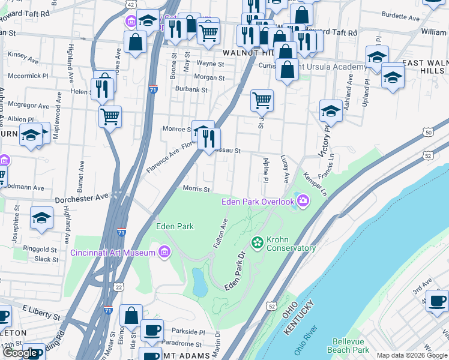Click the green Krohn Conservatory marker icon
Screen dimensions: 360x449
pyautogui.click(x=258, y=242)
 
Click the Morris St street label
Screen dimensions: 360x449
pyautogui.click(x=196, y=189)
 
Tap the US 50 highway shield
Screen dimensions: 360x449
pyautogui.click(x=427, y=132)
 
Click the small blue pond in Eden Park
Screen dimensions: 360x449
pyautogui.click(x=199, y=282)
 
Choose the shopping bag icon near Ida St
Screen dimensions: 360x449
pyautogui.click(x=131, y=315)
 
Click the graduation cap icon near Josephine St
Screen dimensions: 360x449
pyautogui.click(x=41, y=217)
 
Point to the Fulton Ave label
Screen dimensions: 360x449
pyautogui.click(x=220, y=233)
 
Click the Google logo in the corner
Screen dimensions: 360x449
pyautogui.click(x=21, y=353)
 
